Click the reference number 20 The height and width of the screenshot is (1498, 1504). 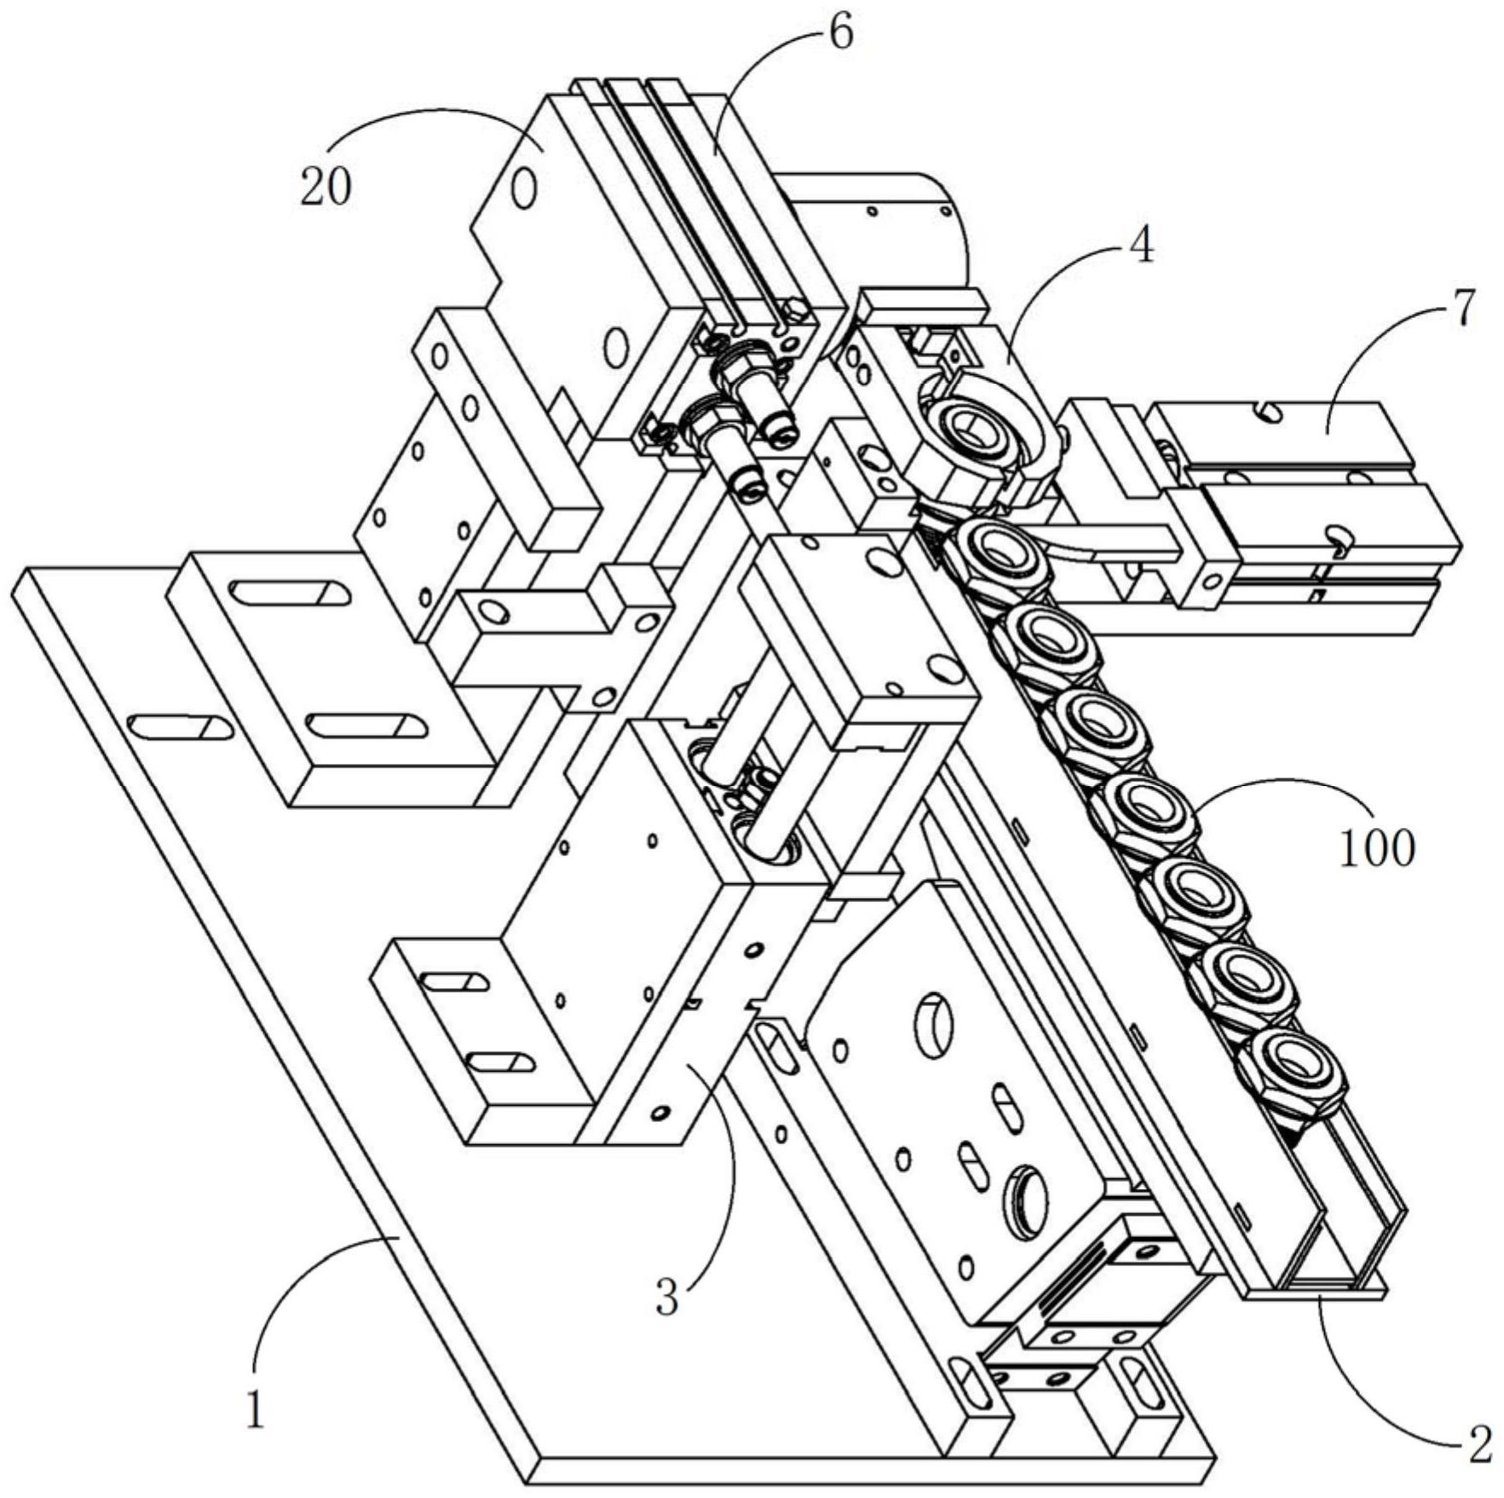pyautogui.click(x=325, y=187)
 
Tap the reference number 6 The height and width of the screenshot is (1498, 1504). pyautogui.click(x=840, y=34)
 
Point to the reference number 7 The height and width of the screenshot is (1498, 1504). pyautogui.click(x=1462, y=309)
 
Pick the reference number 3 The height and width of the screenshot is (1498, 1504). pyautogui.click(x=667, y=1297)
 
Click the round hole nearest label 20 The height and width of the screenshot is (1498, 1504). pyautogui.click(x=524, y=188)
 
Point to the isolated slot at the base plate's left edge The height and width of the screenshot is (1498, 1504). pyautogui.click(x=179, y=726)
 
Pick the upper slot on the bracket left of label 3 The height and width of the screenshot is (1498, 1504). pyautogui.click(x=455, y=981)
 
